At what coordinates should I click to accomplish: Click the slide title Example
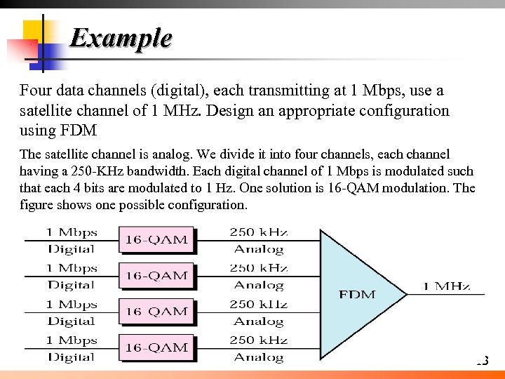[121, 38]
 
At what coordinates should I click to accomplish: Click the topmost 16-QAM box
[156, 240]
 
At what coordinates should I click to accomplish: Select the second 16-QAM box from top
[156, 276]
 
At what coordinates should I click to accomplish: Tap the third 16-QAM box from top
[156, 312]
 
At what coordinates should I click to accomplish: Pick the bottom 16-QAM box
[156, 347]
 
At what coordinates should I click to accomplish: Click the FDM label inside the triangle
[357, 294]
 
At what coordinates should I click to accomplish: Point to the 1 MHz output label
[446, 286]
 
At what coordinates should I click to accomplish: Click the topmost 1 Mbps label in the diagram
[72, 232]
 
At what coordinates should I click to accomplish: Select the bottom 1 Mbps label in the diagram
[72, 340]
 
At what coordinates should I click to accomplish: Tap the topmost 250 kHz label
[259, 232]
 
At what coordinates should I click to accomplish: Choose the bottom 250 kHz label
[259, 340]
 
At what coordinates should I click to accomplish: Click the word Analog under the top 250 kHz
[259, 249]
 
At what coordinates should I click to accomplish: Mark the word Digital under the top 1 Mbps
[72, 249]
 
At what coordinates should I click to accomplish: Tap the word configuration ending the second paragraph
[208, 206]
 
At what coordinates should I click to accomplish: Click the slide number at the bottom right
[482, 361]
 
